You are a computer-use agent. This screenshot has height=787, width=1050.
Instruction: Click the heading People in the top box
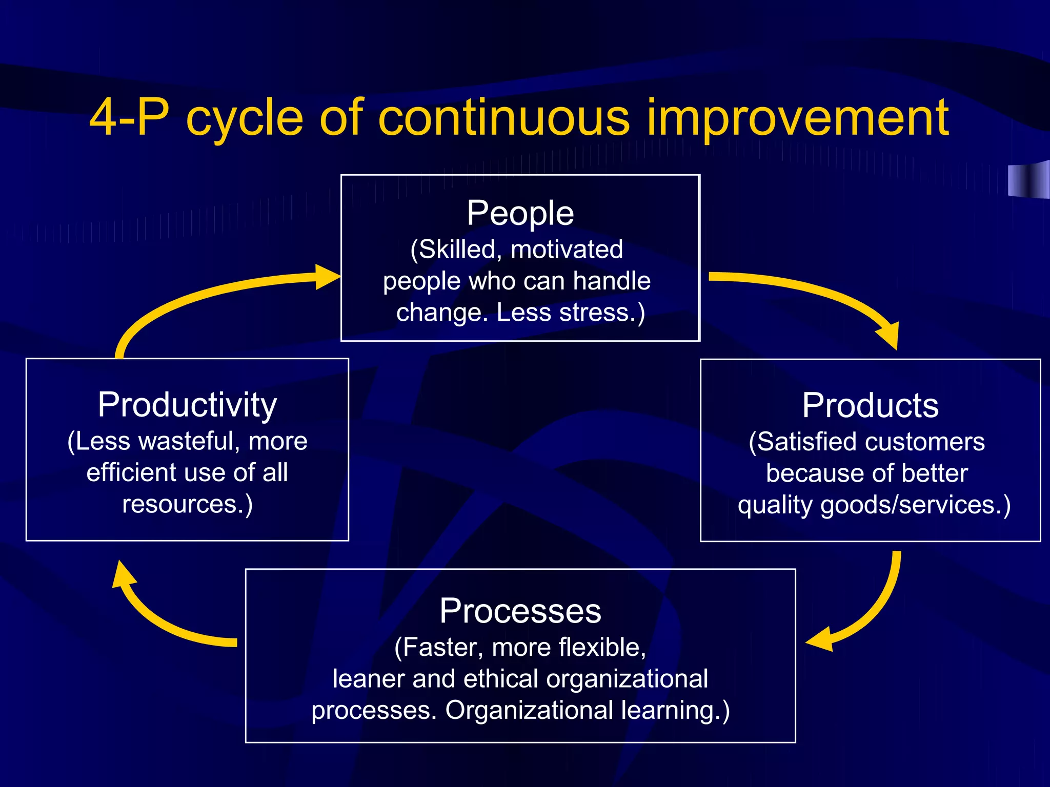[x=520, y=214]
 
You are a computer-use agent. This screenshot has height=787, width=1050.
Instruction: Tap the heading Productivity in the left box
[x=187, y=405]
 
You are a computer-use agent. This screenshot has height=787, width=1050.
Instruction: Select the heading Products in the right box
[x=870, y=406]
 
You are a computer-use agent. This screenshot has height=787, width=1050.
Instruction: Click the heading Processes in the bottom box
[x=520, y=611]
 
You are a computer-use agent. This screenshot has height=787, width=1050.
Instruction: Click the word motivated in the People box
[x=567, y=250]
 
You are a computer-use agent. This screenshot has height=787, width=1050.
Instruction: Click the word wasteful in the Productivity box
[x=190, y=441]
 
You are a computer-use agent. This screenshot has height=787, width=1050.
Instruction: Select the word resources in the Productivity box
[x=181, y=504]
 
